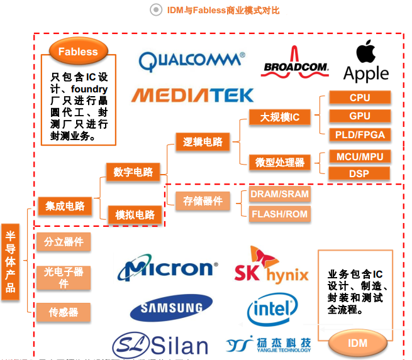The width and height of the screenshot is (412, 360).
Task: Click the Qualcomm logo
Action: (192, 60)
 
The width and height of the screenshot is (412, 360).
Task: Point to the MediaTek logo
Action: (192, 95)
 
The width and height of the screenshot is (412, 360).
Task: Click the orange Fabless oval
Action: (78, 52)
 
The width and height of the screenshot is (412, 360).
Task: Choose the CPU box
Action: (360, 97)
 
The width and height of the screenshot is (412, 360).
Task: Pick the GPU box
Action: (360, 116)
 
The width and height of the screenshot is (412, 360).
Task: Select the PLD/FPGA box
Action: (360, 134)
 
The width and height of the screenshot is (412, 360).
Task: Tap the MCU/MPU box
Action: (360, 156)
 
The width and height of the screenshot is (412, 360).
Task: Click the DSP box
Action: (360, 174)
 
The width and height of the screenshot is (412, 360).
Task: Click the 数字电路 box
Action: (133, 172)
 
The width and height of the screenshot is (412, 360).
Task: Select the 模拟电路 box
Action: (135, 215)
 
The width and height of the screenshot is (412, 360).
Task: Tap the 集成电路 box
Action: (65, 205)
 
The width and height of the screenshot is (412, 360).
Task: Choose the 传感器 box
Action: (64, 312)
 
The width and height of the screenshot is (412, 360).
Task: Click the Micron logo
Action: (167, 268)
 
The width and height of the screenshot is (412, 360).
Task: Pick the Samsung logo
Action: (167, 307)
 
